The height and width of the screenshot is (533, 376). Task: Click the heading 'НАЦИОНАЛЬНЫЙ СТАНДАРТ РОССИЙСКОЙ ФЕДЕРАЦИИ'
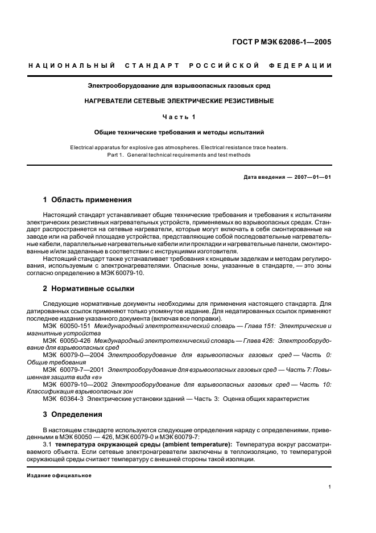coord(180,66)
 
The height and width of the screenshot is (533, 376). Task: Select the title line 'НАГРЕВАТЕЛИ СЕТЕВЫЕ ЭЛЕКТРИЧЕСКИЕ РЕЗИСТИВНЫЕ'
coord(179,101)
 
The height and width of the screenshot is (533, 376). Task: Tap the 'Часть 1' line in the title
coord(179,117)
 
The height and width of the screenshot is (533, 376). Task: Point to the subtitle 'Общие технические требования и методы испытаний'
coord(179,132)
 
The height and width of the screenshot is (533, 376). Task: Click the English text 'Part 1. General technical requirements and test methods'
coord(179,155)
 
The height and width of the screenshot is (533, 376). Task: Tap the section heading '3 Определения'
coord(73,414)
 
